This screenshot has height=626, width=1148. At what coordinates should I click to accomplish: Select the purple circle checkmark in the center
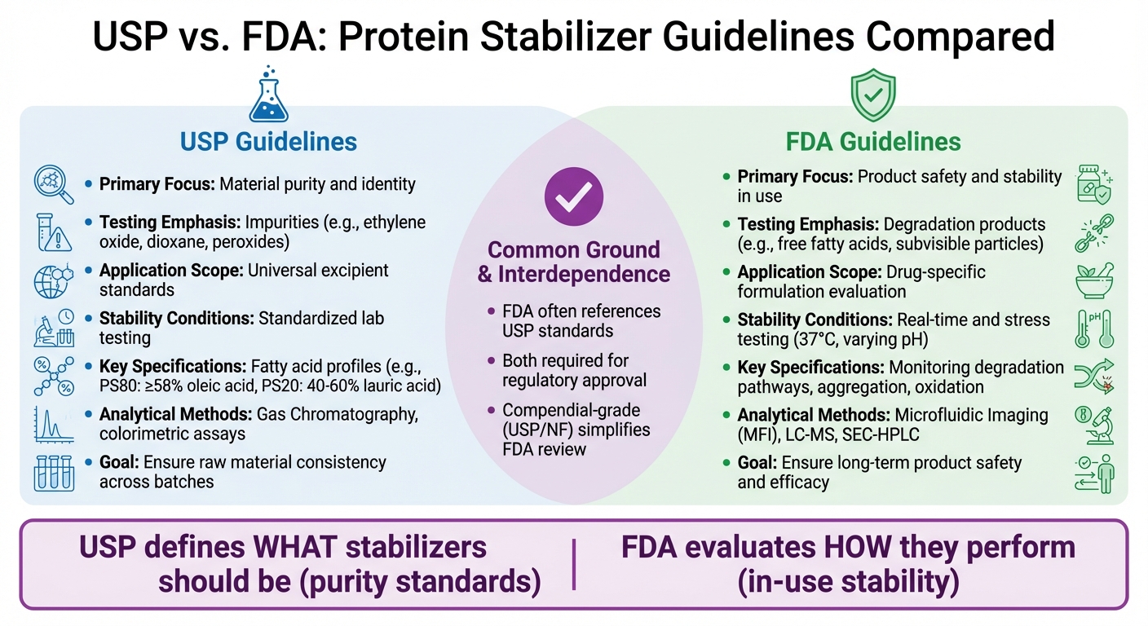click(573, 196)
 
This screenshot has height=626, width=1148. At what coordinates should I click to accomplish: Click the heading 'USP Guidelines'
click(268, 142)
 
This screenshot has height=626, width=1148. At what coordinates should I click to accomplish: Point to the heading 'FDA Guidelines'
click(872, 142)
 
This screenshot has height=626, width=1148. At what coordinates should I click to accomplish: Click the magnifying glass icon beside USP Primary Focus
click(54, 184)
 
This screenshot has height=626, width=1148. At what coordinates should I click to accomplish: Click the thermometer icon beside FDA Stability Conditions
click(1094, 328)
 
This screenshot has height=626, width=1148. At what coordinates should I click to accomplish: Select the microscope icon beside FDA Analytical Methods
click(1094, 424)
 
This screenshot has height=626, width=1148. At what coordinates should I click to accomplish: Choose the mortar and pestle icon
click(1094, 281)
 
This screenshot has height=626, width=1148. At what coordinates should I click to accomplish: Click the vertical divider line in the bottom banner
click(575, 564)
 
